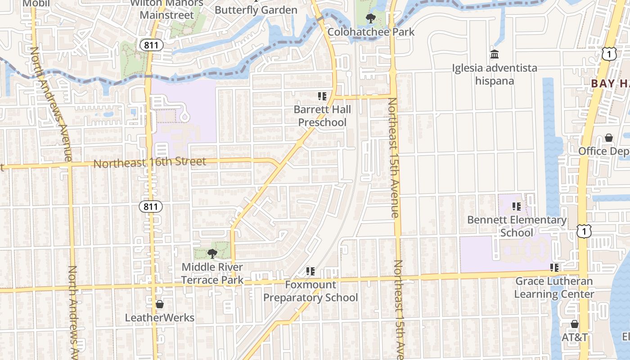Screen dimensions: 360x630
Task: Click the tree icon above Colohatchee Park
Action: click(x=371, y=18)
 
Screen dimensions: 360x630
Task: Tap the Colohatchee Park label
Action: click(x=371, y=32)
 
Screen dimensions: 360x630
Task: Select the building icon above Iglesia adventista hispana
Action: click(x=495, y=54)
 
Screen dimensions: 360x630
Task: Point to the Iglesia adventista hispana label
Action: click(x=495, y=75)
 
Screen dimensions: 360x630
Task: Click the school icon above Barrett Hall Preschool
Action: click(x=322, y=96)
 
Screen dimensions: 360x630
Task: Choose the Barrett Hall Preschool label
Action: click(x=322, y=116)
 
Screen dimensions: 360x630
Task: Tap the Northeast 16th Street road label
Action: click(x=149, y=162)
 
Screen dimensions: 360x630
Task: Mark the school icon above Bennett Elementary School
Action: click(x=517, y=207)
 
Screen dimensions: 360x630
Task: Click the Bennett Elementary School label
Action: click(x=517, y=226)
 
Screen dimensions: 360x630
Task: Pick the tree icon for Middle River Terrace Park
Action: click(x=212, y=254)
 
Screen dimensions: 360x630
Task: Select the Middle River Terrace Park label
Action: click(x=212, y=274)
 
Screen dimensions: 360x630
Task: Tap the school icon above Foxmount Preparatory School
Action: click(x=310, y=271)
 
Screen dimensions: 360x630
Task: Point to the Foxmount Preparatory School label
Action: click(x=310, y=291)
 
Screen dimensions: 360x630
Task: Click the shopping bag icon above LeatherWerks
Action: click(x=159, y=305)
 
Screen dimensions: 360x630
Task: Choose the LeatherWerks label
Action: click(x=159, y=318)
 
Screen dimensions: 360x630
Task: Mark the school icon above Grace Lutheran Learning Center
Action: click(x=554, y=268)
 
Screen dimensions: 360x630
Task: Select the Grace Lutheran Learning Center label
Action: click(x=554, y=288)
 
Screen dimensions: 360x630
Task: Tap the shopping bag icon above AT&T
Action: click(x=575, y=324)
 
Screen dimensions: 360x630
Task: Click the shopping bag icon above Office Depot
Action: click(x=609, y=138)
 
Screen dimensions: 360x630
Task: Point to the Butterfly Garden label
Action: click(x=256, y=10)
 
